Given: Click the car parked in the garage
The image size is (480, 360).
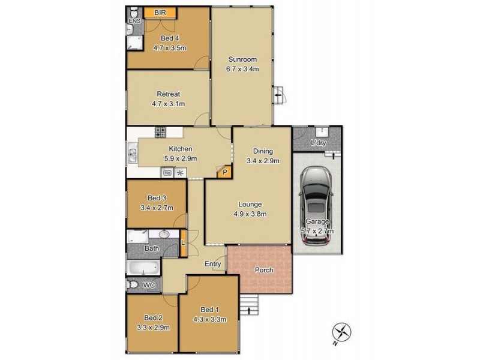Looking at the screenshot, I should [x=317, y=206].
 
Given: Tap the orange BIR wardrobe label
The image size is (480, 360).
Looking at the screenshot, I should [x=160, y=13].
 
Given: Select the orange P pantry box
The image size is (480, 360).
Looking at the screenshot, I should [x=225, y=172].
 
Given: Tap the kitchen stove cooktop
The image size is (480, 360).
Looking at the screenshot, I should [x=160, y=133].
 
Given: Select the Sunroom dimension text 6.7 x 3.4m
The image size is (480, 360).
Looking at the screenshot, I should [x=242, y=69].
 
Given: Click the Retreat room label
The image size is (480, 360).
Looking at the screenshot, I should [x=169, y=94].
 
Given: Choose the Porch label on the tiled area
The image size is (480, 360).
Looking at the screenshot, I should [x=264, y=270].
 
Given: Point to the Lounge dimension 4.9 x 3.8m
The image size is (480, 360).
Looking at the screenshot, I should [x=249, y=214].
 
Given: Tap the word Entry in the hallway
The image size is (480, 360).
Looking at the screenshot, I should [x=212, y=264].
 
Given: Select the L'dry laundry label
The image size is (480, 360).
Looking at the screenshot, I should [x=317, y=143].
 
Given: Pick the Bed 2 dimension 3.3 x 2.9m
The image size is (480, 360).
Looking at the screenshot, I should [x=154, y=327].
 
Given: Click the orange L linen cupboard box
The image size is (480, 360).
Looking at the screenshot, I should [x=183, y=242].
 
